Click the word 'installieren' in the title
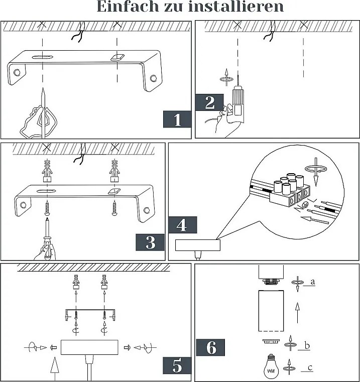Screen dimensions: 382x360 point(235,7)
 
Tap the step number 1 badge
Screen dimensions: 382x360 point(177,120)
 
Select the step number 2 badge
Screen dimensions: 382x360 point(210,103)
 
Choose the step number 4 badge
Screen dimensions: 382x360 point(182,225)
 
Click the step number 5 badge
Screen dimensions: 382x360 point(177,365)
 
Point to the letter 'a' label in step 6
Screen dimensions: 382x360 point(312,282)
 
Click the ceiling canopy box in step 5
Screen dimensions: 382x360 point(88,347)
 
